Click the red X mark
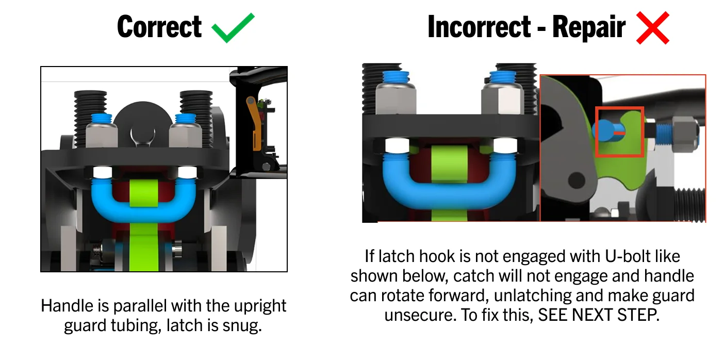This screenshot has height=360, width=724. point(652,28)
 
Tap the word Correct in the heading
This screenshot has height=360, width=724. point(159,27)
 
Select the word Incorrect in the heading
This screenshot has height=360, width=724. point(479,27)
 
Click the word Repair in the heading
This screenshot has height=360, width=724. point(589,28)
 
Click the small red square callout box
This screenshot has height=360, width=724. point(620,132)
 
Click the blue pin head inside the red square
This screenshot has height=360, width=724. point(604,130)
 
